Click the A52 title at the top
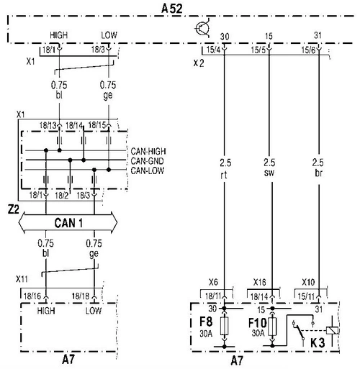pyautogui.click(x=172, y=9)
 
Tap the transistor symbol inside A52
pyautogui.click(x=202, y=28)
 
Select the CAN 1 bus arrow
pyautogui.click(x=68, y=222)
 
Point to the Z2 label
pyautogui.click(x=13, y=210)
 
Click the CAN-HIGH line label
pyautogui.click(x=148, y=152)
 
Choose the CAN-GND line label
pyautogui.click(x=147, y=161)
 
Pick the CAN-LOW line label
pyautogui.click(x=148, y=170)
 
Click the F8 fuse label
pyautogui.click(x=206, y=322)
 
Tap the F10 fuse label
pyautogui.click(x=257, y=323)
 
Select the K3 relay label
pyautogui.click(x=318, y=343)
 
